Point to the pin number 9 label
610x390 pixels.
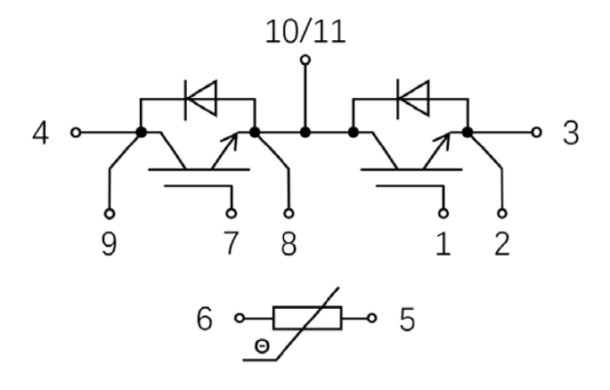(110, 242)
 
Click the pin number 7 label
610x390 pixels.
(232, 242)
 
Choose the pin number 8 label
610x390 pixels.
(289, 242)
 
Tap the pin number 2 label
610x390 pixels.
(503, 242)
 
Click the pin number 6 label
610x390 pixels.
(204, 319)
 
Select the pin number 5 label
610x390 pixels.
(406, 319)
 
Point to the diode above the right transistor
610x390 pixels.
(411, 99)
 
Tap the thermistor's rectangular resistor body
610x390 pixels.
(305, 316)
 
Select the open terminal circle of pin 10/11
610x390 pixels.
(305, 61)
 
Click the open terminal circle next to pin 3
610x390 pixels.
(536, 133)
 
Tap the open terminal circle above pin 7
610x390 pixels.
(232, 214)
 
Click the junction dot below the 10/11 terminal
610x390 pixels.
(305, 133)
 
